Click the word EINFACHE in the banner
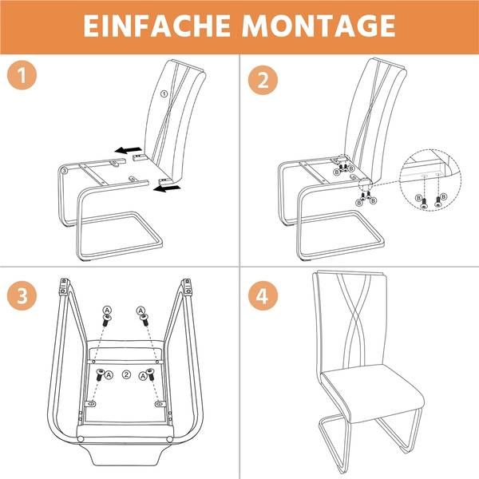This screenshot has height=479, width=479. click(156, 26)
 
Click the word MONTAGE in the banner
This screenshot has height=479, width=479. click(319, 26)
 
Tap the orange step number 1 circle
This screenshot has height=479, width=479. click(22, 75)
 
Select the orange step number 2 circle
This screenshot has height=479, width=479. click(263, 80)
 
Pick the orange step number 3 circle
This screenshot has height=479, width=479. click(22, 295)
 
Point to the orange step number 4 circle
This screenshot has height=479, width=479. click(263, 295)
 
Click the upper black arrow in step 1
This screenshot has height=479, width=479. click(129, 150)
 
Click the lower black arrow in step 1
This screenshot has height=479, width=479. click(167, 188)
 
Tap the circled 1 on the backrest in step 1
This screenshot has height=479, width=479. click(164, 93)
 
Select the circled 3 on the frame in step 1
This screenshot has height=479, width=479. click(64, 171)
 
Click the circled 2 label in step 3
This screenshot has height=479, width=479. click(126, 374)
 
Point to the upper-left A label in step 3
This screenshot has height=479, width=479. click(107, 311)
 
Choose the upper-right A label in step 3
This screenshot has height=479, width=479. click(141, 311)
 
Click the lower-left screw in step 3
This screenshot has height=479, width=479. click(100, 375)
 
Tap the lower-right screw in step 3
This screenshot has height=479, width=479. click(150, 374)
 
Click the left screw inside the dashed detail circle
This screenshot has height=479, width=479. click(424, 204)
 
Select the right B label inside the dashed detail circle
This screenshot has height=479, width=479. click(444, 196)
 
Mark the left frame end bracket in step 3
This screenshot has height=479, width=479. click(64, 287)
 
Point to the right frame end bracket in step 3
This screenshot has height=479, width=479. click(187, 287)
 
